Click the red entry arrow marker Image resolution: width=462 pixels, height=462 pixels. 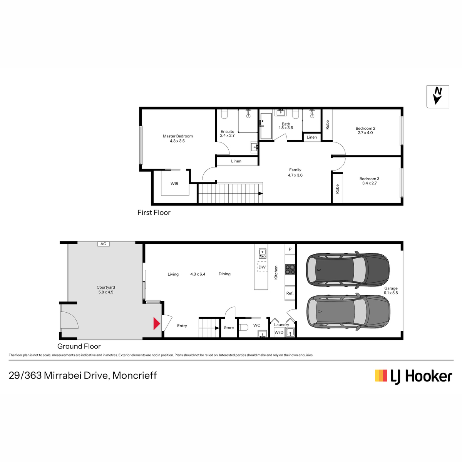156,323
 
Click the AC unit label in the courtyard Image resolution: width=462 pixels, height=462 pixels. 103,244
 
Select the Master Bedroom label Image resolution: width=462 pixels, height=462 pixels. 177,136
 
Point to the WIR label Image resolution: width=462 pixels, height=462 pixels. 174,184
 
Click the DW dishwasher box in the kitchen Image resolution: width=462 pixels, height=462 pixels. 262,267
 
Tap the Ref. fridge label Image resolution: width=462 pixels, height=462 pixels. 290,293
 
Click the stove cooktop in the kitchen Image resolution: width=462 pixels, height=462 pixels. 290,269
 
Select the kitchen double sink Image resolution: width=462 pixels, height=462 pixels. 262,254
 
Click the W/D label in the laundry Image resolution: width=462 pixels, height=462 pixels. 279,333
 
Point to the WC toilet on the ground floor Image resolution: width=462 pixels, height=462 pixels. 244,328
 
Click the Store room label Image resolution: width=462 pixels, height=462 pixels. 229,328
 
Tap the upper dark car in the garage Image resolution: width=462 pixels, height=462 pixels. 348,269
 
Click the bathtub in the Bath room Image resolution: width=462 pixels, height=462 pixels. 266,126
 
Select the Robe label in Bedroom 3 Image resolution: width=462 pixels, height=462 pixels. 337,189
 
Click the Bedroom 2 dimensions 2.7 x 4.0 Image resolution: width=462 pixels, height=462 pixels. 365,132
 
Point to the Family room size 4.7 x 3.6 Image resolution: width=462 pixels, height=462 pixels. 295,175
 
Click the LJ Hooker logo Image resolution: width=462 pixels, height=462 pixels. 413,376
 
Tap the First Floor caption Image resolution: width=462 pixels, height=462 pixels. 154,213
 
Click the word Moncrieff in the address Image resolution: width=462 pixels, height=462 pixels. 134,375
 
